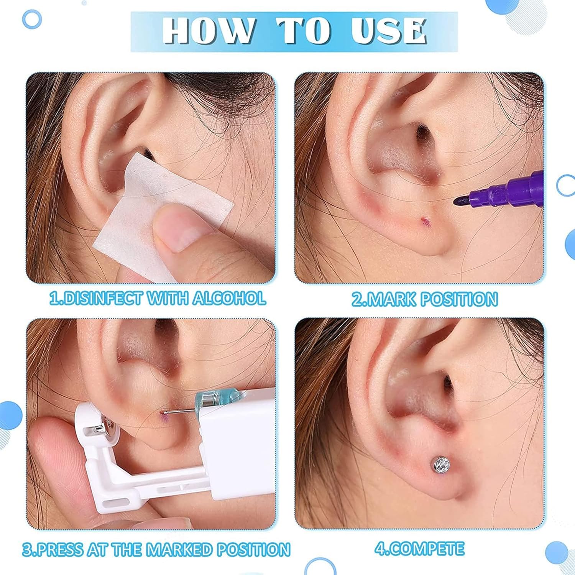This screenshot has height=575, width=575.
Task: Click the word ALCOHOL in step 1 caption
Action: point(229,298)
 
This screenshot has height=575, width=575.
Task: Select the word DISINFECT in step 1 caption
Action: point(96,298)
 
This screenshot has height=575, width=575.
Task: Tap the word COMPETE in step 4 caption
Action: point(425,549)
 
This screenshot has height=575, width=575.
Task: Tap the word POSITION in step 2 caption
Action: point(458,299)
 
